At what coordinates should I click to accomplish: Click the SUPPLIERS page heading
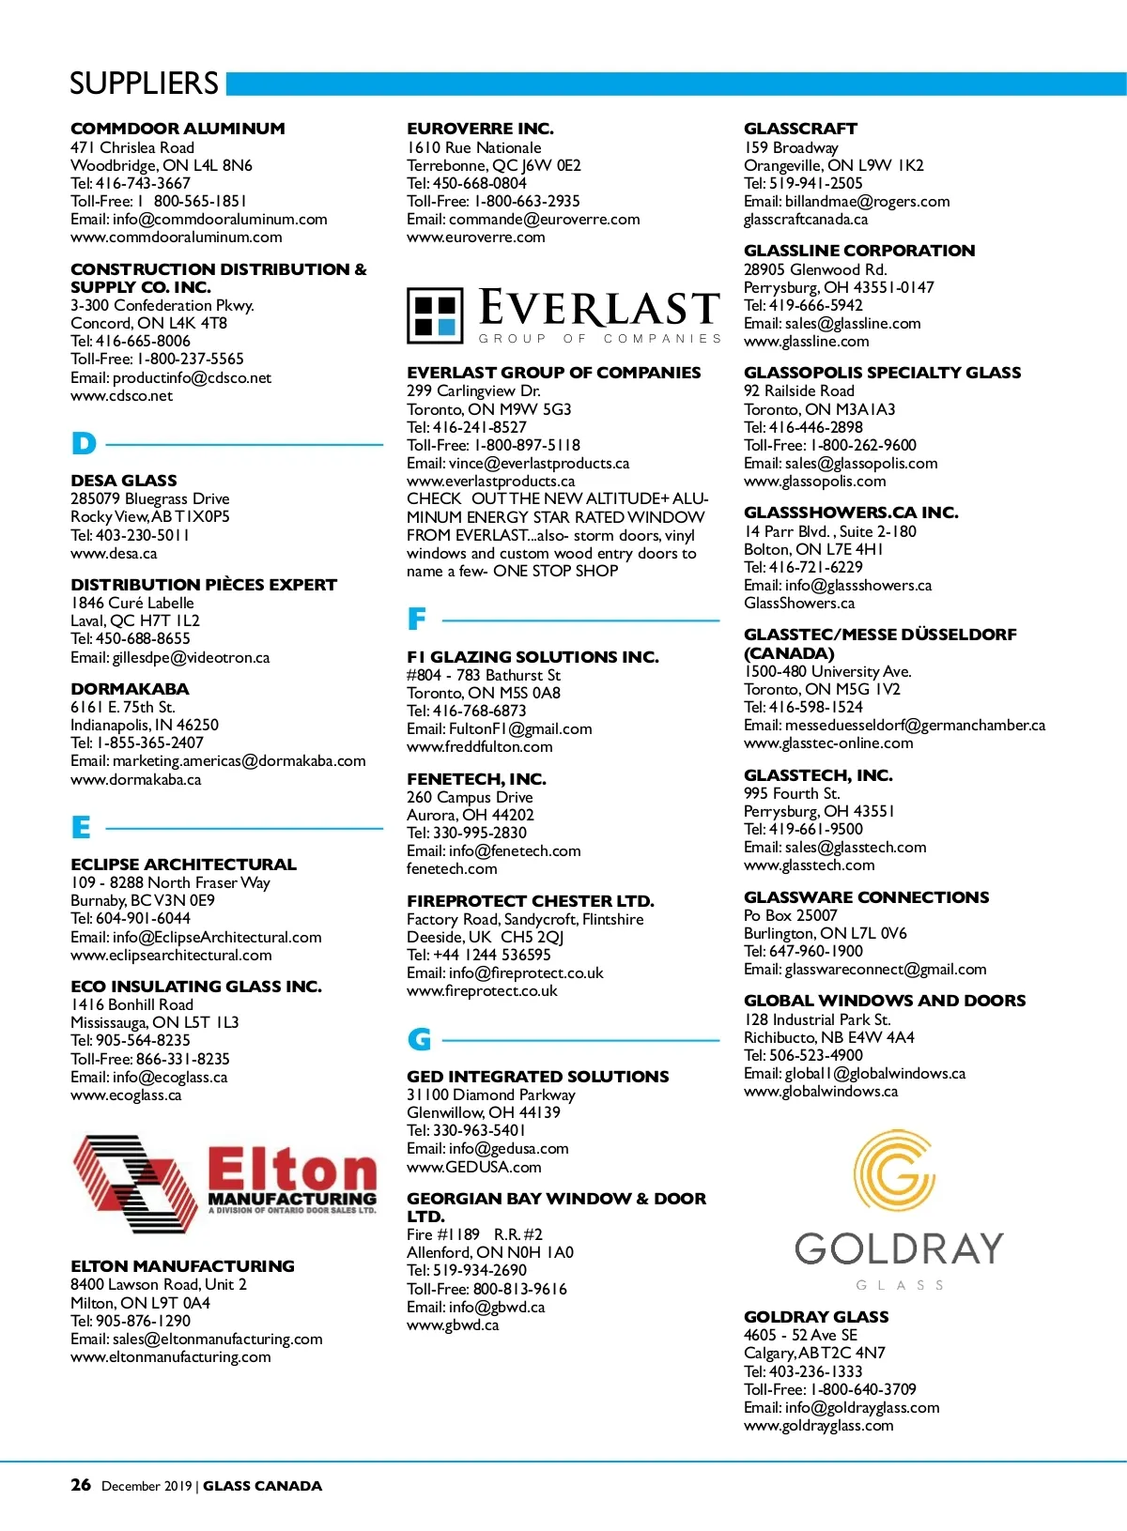[144, 84]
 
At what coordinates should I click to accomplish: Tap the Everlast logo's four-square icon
[435, 315]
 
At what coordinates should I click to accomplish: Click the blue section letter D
[84, 444]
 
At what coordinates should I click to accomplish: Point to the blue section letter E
[82, 828]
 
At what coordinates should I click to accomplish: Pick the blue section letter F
[417, 620]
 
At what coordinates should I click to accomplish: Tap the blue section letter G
[419, 1039]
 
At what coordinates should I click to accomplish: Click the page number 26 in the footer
[81, 1485]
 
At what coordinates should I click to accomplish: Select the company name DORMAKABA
[130, 689]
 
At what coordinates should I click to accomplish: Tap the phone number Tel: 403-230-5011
[130, 535]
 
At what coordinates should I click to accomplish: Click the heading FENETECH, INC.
[476, 779]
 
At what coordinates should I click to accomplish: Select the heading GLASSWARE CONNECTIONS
[866, 897]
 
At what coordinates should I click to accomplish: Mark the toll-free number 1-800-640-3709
[863, 1389]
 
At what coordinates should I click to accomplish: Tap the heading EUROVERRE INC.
[480, 129]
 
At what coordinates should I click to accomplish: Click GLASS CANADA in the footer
[262, 1486]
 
